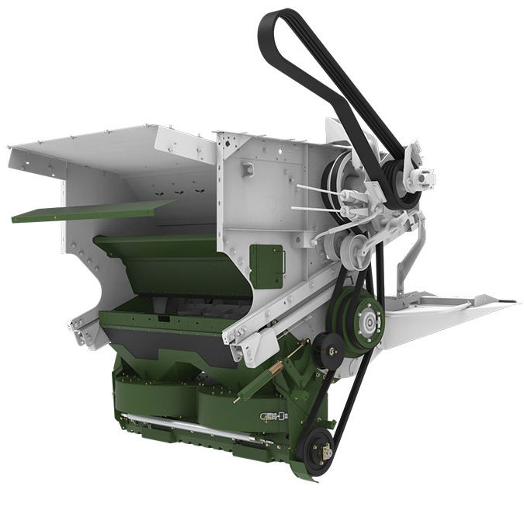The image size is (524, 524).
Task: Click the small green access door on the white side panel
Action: pyautogui.click(x=266, y=265)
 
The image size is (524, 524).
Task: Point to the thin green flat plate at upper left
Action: pyautogui.click(x=93, y=210)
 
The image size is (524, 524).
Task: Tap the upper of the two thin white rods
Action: pyautogui.click(x=318, y=189)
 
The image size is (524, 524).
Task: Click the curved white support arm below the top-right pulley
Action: pyautogui.click(x=411, y=248)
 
